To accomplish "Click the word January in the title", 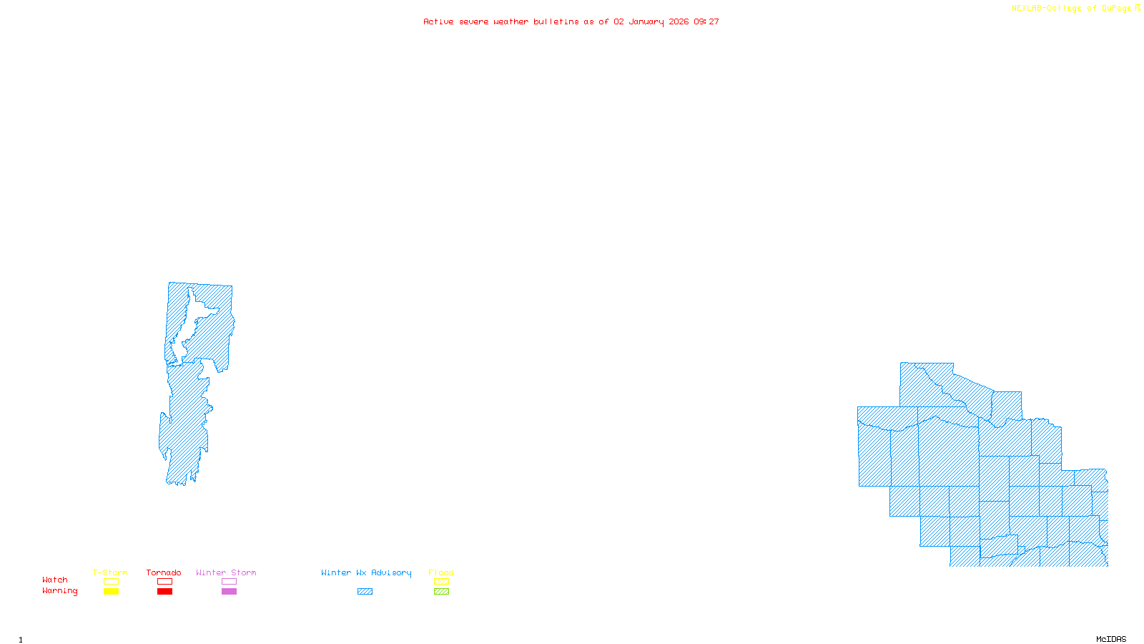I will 646,22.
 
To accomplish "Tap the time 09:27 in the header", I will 706,22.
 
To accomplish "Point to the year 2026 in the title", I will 679,22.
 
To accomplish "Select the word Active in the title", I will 438,22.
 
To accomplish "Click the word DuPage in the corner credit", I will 1117,9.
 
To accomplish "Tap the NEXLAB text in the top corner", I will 1027,9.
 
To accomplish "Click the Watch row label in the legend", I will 55,580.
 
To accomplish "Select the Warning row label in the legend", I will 60,591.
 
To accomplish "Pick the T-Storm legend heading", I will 110,572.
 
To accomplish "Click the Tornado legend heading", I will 164,572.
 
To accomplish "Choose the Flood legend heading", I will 441,572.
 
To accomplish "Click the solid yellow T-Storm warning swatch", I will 111,592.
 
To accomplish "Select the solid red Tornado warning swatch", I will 165,592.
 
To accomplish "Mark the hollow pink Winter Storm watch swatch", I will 229,582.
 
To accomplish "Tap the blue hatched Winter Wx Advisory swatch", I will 365,592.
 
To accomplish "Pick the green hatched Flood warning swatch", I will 441,592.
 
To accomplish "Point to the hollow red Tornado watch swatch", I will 165,582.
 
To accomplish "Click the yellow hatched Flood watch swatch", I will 441,582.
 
